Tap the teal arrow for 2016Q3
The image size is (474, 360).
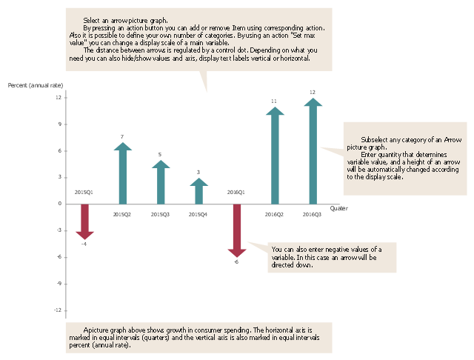pos(313,152)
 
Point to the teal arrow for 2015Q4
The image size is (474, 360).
pos(198,192)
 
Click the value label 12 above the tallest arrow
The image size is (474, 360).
pos(312,93)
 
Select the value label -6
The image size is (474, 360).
pos(236,262)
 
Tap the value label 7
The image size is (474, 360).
pos(122,137)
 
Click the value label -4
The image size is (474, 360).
pos(84,244)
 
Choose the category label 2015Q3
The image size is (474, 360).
pos(160,215)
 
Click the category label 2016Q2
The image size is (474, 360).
pos(274,215)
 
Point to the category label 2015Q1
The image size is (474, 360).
pos(84,193)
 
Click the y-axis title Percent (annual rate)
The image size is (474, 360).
pos(35,86)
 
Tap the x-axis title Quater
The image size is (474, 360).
pos(338,209)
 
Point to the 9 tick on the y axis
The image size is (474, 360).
pos(59,124)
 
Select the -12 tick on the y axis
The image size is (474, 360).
pos(57,310)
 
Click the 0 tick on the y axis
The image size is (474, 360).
pos(59,204)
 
